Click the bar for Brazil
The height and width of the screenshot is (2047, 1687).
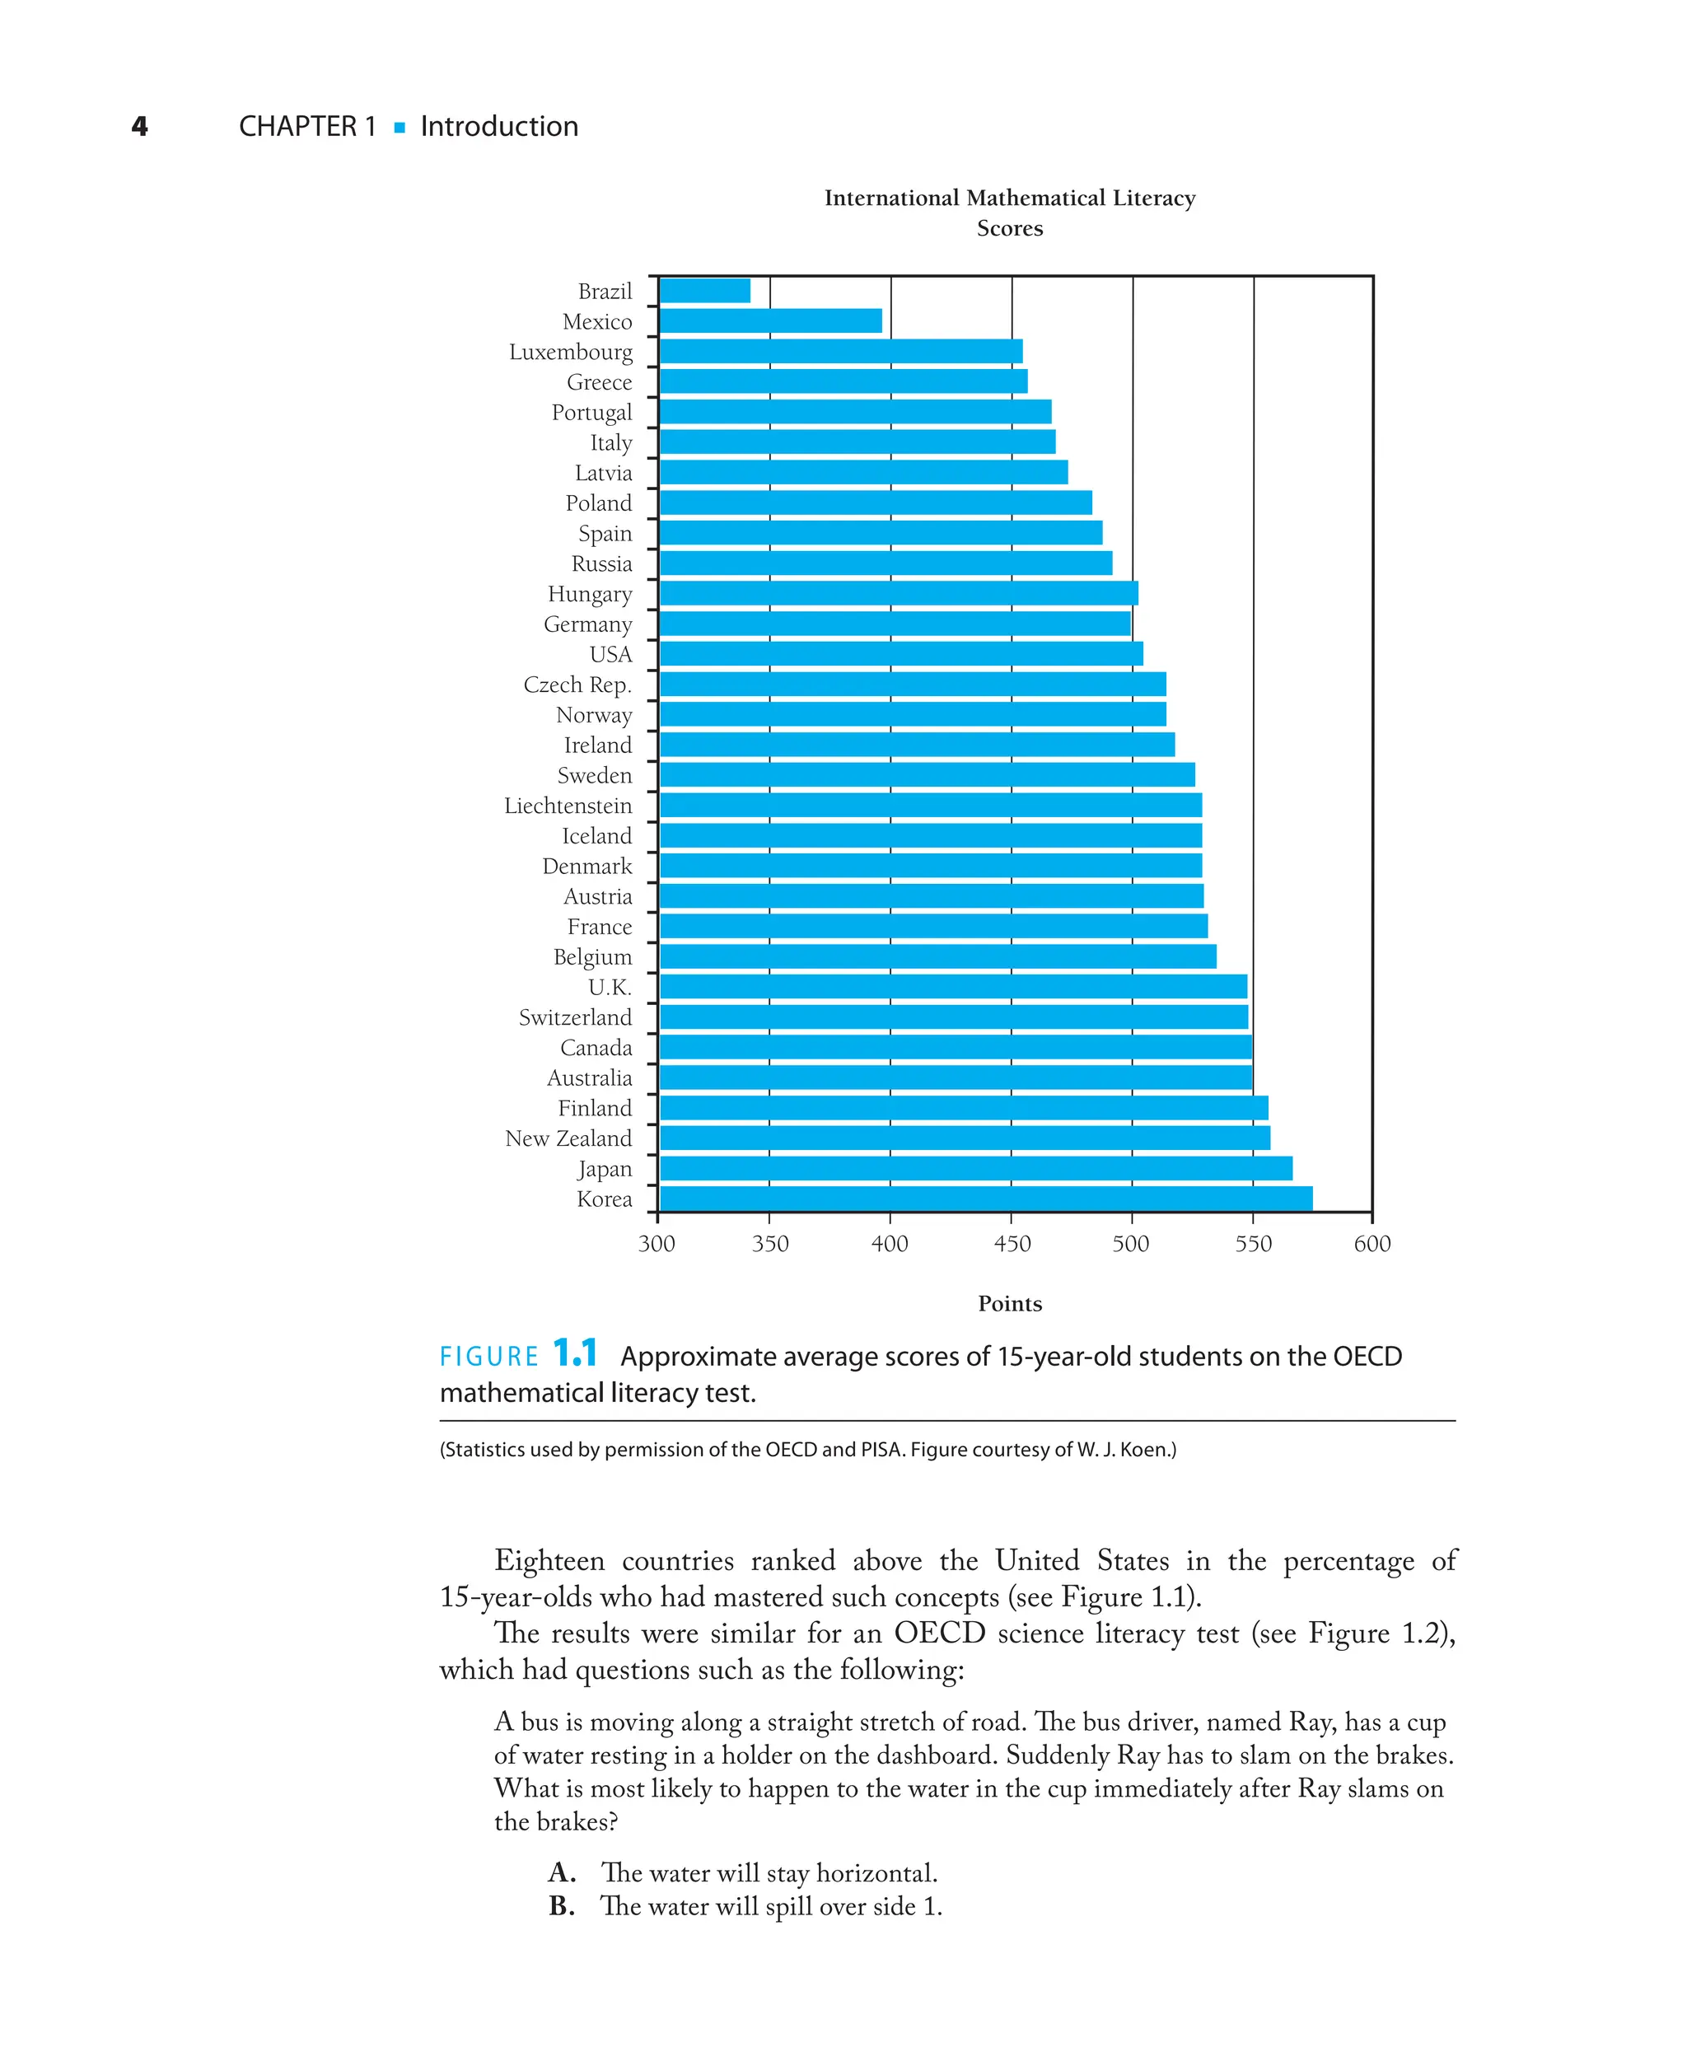pos(704,291)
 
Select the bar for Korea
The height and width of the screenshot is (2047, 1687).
pos(985,1199)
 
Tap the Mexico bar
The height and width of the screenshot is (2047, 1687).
pos(771,320)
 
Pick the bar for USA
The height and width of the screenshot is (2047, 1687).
pos(901,654)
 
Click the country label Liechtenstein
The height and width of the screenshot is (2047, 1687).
pos(568,806)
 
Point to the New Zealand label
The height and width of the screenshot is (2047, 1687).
pos(568,1138)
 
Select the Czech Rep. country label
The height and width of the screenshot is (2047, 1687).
pos(577,685)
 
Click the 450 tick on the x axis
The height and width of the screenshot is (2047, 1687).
pos(1012,1244)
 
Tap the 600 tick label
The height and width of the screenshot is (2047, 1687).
pos(1372,1244)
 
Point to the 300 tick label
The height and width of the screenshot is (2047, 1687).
pos(657,1244)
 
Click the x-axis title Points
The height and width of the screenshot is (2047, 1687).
pos(1010,1304)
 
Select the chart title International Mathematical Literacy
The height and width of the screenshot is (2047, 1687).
pos(1010,199)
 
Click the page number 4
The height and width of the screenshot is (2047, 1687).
pos(140,126)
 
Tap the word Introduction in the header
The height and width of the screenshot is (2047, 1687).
pos(498,126)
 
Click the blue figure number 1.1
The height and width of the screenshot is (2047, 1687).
pos(574,1353)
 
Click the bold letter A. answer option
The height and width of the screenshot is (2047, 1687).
pos(562,1872)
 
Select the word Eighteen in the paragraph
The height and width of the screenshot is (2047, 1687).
pos(549,1561)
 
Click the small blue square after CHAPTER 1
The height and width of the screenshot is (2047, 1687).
pos(400,128)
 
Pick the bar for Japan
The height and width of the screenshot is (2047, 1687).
pos(975,1169)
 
